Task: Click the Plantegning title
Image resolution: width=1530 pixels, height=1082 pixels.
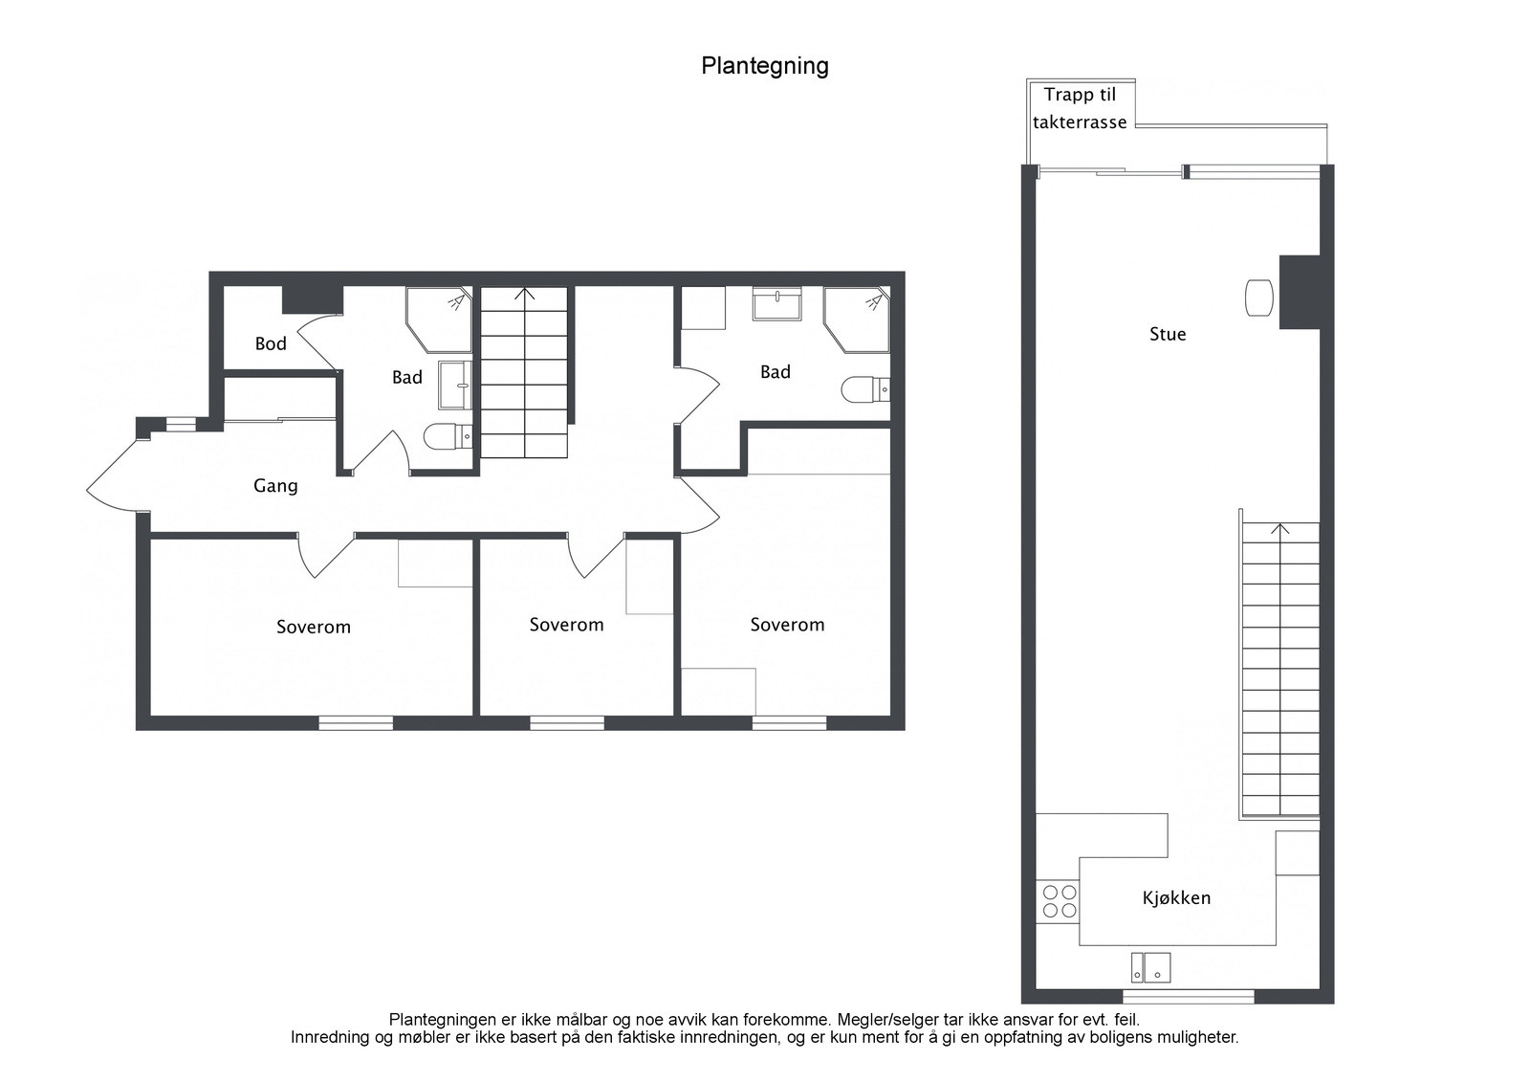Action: tap(765, 67)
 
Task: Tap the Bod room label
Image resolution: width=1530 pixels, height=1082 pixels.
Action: tap(271, 343)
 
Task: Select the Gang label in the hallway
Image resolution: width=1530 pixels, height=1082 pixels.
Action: tap(276, 486)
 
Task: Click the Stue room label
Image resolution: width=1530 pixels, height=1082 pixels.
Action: tap(1168, 334)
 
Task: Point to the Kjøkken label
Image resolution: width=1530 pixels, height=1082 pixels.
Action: tap(1176, 897)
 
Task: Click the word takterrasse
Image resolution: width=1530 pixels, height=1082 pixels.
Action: tap(1080, 122)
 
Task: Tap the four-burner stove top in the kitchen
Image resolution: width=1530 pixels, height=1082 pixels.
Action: tap(1058, 901)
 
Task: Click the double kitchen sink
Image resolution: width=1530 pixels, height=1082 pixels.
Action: tap(1151, 967)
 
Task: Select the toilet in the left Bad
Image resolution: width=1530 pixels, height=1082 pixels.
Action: tap(448, 435)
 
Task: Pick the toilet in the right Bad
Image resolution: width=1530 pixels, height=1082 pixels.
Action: tap(865, 389)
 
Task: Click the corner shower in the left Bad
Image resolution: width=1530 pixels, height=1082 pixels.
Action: tap(439, 320)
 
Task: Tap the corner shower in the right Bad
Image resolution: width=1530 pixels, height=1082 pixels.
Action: tap(857, 320)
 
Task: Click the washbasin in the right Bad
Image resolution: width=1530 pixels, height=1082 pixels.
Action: tap(777, 303)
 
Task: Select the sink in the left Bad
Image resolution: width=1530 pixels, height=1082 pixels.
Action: tap(455, 386)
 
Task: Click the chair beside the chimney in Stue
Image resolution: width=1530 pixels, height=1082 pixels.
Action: tap(1258, 298)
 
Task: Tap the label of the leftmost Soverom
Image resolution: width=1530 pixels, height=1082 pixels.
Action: tap(314, 628)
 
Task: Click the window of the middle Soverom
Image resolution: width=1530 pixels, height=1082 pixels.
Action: tap(567, 722)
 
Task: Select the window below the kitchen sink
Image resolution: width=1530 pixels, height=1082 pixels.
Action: tap(1189, 997)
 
